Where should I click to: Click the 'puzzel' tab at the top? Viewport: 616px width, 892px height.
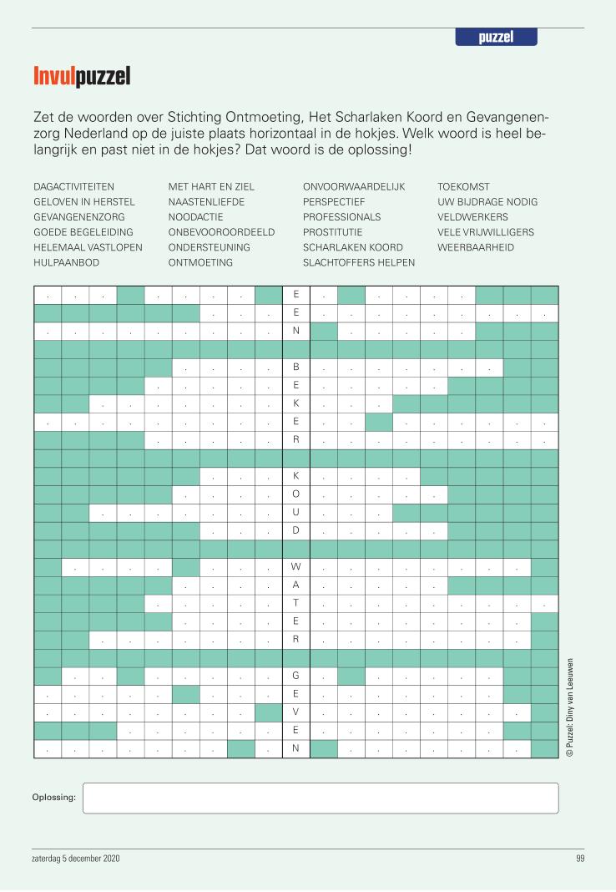pyautogui.click(x=496, y=38)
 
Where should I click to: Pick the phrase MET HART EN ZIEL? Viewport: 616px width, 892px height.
pyautogui.click(x=210, y=187)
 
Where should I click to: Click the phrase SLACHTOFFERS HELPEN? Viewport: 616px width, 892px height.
pyautogui.click(x=359, y=262)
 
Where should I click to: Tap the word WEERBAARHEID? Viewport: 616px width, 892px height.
pyautogui.click(x=475, y=247)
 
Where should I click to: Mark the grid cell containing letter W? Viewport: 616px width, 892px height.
pyautogui.click(x=295, y=567)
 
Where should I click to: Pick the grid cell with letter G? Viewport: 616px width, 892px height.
pyautogui.click(x=295, y=676)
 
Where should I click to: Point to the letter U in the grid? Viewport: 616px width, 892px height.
pyautogui.click(x=295, y=512)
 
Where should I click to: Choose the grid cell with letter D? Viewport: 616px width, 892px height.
pyautogui.click(x=295, y=530)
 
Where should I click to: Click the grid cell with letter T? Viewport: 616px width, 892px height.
pyautogui.click(x=295, y=603)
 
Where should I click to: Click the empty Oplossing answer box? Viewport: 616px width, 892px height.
pyautogui.click(x=321, y=798)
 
